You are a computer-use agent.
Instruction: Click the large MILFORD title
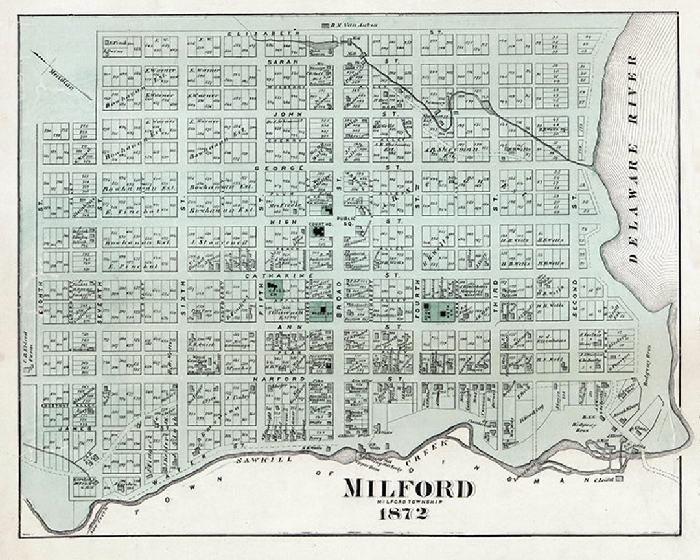coord(408,488)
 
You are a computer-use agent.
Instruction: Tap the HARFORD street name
coord(270,378)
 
